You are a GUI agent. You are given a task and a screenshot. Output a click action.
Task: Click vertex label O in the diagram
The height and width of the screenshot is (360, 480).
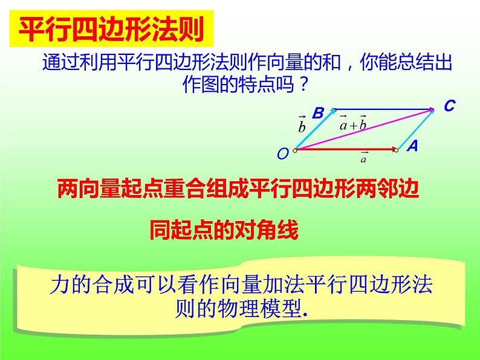[282, 155]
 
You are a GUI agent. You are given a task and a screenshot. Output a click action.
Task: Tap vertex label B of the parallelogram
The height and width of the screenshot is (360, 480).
[318, 112]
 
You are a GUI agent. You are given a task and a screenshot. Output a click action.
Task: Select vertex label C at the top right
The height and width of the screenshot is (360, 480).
[449, 106]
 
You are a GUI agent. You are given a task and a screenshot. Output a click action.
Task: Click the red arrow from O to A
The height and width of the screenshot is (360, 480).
[345, 149]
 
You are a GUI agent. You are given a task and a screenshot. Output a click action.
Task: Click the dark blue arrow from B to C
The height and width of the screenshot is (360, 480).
[384, 109]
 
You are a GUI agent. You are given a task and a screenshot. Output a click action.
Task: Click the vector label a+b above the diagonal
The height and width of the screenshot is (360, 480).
[353, 123]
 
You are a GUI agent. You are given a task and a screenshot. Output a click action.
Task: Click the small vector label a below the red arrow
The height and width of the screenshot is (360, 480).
[363, 158]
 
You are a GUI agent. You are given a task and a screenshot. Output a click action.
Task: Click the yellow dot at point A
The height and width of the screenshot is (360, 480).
[396, 149]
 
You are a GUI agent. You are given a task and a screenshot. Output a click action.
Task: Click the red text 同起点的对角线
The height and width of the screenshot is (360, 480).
[224, 231]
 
